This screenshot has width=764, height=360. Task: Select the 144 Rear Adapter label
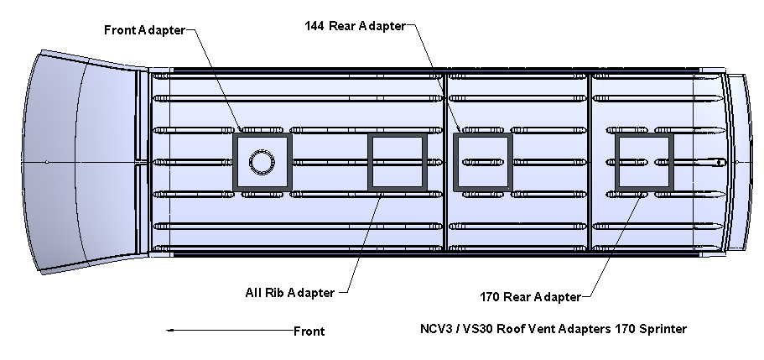tap(354, 25)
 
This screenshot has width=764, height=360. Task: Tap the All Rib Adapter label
tap(289, 293)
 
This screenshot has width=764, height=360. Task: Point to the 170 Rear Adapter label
tap(530, 297)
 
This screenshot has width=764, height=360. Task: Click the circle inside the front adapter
tap(262, 161)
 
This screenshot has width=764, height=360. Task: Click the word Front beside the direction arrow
tap(309, 331)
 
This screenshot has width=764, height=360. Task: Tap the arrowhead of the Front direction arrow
tap(171, 331)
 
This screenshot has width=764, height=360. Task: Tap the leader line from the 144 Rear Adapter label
tap(432, 76)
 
